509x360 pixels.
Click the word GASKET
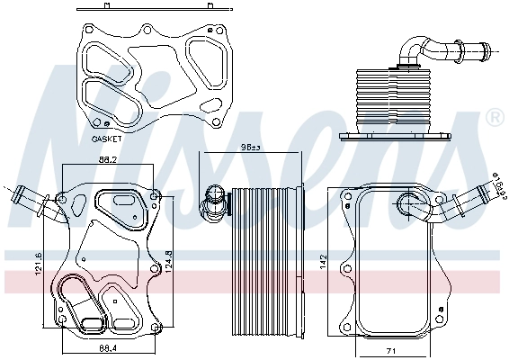click(x=109, y=139)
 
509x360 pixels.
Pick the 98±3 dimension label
click(x=250, y=148)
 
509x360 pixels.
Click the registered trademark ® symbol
click(x=494, y=118)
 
